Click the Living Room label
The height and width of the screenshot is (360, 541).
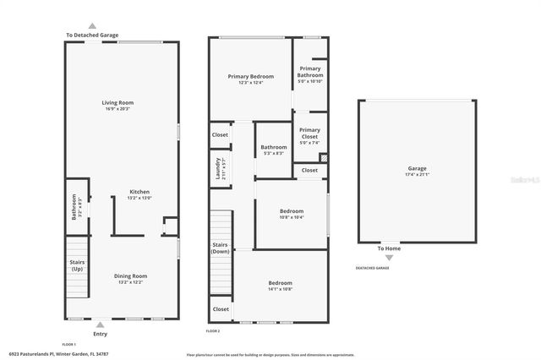pos(119,103)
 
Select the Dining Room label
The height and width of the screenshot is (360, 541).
pos(131,275)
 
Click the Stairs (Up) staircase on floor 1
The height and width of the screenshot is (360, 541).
pos(76,264)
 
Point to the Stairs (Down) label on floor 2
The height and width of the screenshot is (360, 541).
pos(221,248)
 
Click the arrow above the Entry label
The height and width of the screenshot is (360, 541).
pos(101,325)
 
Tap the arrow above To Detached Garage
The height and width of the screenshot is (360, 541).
pos(92,26)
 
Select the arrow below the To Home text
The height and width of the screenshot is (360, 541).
pos(389,257)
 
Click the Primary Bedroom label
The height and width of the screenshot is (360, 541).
pos(251,76)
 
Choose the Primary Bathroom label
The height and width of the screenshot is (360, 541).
pos(309,71)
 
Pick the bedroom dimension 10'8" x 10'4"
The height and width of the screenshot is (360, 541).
pos(292,217)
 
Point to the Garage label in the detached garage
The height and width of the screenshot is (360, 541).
pos(418,168)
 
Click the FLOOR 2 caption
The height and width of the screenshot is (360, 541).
pos(212,332)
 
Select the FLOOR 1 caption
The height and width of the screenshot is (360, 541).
pos(69,344)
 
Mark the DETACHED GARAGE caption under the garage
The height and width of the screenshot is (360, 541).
pos(372,268)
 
